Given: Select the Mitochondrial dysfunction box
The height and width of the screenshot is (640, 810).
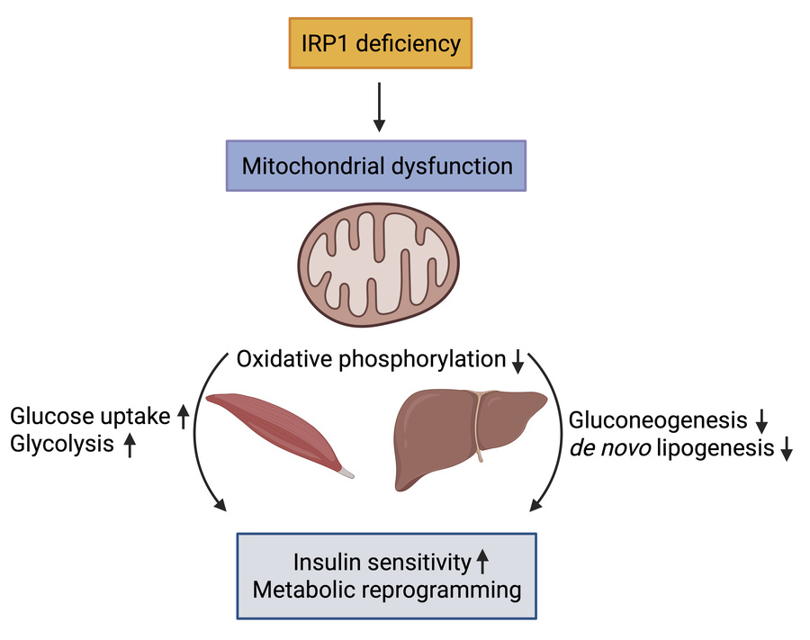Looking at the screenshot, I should coord(377,166).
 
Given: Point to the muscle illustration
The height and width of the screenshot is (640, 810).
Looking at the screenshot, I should coord(274,430).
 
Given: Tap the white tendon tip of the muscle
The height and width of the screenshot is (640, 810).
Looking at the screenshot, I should coord(346,472).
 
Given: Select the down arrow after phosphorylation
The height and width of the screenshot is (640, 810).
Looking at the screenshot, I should coord(517,362).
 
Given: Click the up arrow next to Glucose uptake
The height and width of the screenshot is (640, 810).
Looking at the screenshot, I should coord(183,417).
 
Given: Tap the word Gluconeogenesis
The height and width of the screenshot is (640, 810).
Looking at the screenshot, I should coord(658,419).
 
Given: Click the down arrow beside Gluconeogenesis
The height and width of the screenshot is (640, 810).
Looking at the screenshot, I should coord(761,420).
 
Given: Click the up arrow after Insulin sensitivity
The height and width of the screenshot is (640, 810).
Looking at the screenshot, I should coord(482,563).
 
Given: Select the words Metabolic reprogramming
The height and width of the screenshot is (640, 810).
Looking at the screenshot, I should coord(387,591).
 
